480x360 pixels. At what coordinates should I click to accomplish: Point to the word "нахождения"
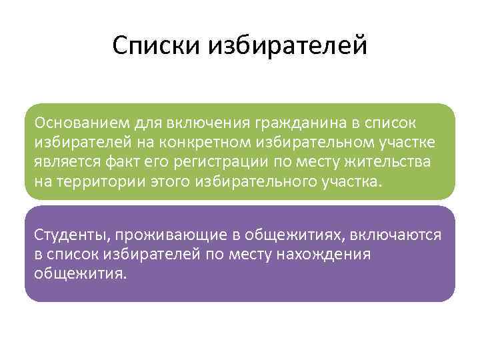(x=328, y=254)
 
